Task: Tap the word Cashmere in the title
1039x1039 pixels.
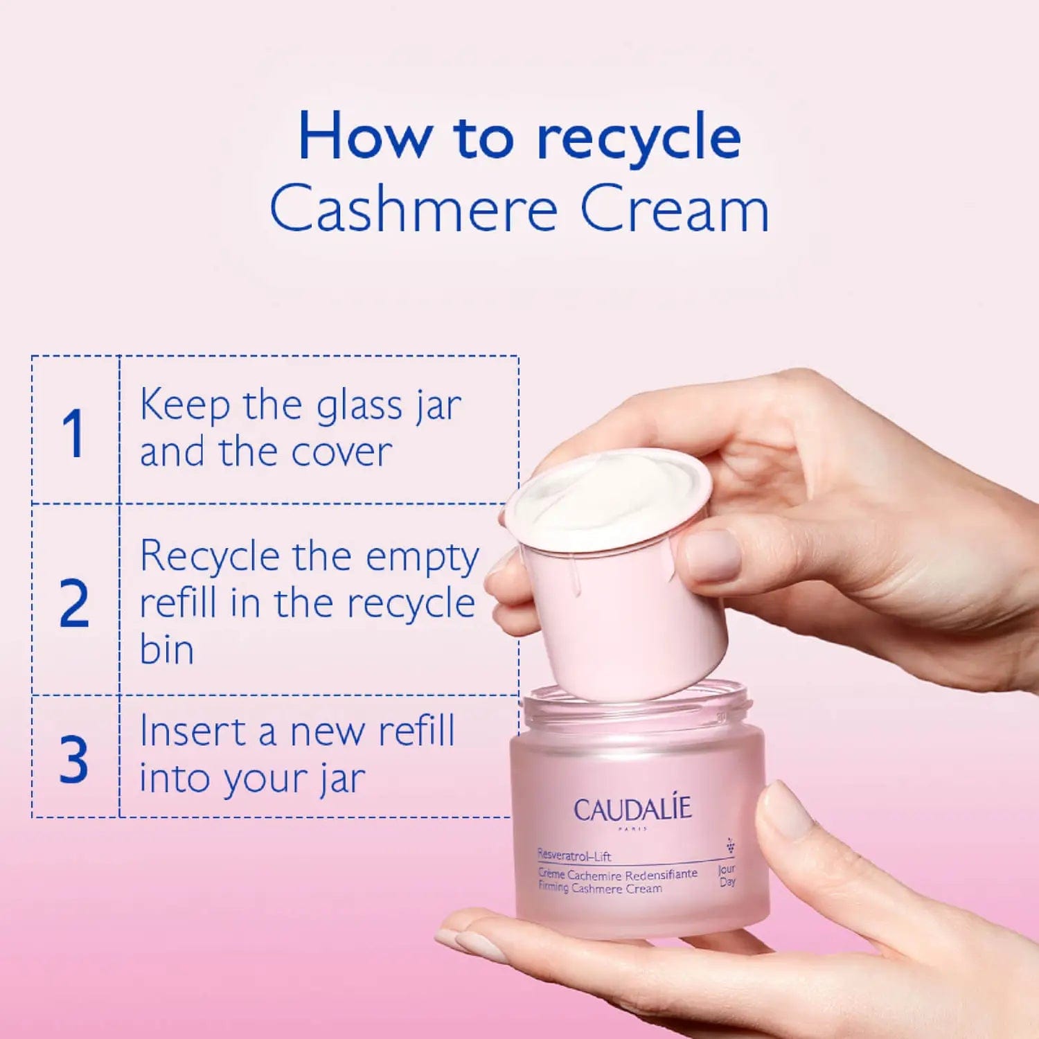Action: (x=414, y=208)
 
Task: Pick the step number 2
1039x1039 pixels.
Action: (x=74, y=603)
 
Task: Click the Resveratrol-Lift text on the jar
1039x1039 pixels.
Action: (x=574, y=855)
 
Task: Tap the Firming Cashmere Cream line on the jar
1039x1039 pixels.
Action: (x=600, y=887)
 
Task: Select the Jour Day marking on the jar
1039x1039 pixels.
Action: (x=727, y=876)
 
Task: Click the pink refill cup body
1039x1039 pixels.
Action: (x=623, y=610)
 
